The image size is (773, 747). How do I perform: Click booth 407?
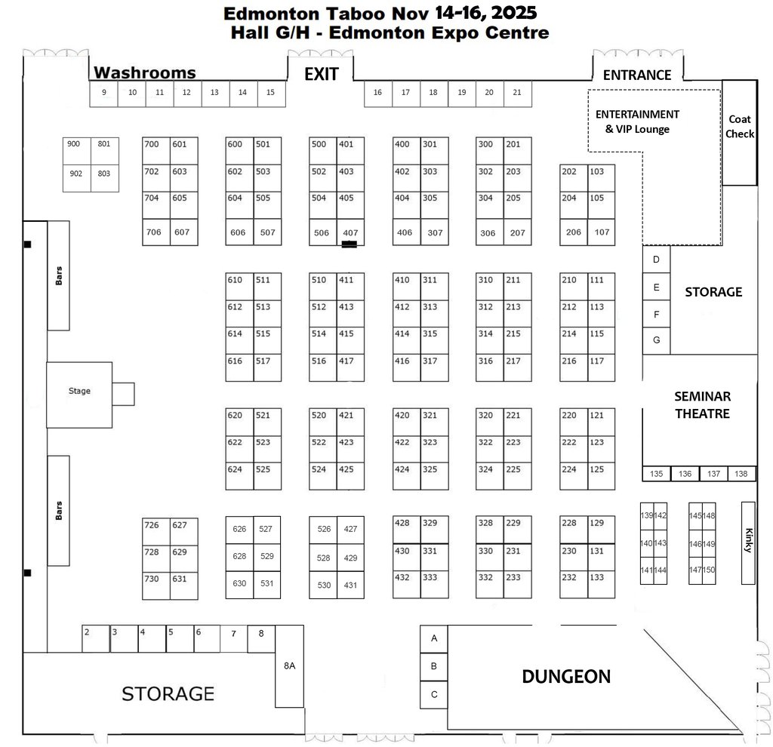pos(350,232)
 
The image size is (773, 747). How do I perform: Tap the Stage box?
pos(79,391)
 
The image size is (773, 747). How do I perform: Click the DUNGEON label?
pos(566,677)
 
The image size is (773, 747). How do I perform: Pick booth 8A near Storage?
pos(289,666)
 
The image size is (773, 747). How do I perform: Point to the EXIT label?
pos(321,74)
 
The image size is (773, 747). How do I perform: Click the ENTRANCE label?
pos(637,75)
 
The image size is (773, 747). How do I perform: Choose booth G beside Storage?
pos(656,340)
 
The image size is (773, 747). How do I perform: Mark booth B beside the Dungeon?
pos(434,666)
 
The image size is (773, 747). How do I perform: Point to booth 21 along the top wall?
pos(517,93)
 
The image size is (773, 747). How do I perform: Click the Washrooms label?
pos(144,73)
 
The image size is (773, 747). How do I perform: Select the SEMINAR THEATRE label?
pos(702,404)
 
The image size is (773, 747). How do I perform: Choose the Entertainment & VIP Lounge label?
pos(637,121)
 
